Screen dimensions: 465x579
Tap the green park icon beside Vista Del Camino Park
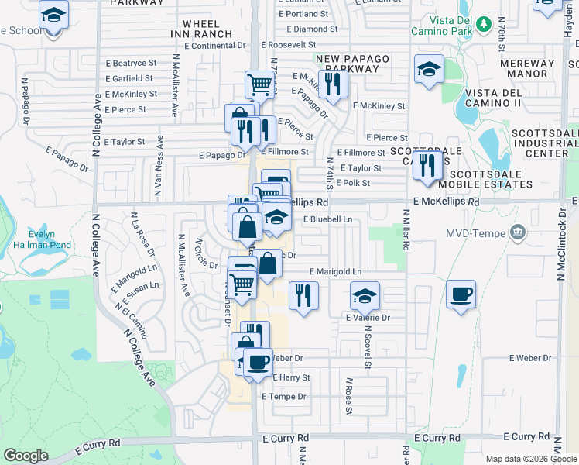pyautogui.click(x=484, y=24)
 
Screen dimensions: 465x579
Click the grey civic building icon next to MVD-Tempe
pyautogui.click(x=519, y=232)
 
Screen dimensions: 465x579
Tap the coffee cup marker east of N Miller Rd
pyautogui.click(x=461, y=294)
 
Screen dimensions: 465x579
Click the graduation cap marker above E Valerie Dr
pyautogui.click(x=365, y=295)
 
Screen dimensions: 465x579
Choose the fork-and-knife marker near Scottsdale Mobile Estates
pyautogui.click(x=427, y=165)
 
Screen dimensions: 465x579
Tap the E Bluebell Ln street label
pyautogui.click(x=327, y=219)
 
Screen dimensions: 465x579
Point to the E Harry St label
pyautogui.click(x=290, y=378)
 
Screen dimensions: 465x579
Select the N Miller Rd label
pyautogui.click(x=405, y=229)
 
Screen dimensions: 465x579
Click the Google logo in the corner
pyautogui.click(x=26, y=456)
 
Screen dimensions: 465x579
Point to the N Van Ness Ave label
pyautogui.click(x=159, y=165)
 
